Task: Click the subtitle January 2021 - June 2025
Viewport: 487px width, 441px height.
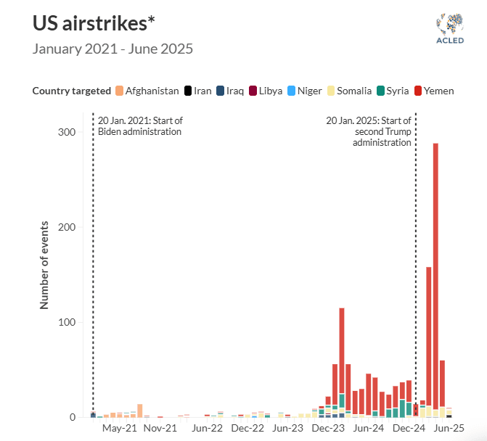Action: click(x=112, y=49)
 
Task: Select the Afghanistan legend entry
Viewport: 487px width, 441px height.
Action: click(x=147, y=91)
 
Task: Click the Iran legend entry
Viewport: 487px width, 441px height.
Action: click(x=197, y=91)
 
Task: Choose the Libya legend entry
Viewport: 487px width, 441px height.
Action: click(x=266, y=91)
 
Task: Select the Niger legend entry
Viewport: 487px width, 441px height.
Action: click(x=305, y=91)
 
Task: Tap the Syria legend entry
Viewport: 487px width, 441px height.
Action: click(x=392, y=91)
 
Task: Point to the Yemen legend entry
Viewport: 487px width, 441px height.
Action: click(x=433, y=91)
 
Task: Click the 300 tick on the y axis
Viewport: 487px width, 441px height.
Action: click(x=67, y=132)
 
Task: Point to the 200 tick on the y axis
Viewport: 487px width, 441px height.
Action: click(x=67, y=227)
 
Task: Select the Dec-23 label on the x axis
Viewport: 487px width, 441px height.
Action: click(x=328, y=429)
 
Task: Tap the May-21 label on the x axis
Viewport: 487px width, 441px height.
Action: click(x=119, y=429)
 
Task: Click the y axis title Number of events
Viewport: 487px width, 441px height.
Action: click(x=44, y=265)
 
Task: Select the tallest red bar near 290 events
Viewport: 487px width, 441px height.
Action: click(x=435, y=276)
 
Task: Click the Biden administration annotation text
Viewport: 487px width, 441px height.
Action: click(x=140, y=126)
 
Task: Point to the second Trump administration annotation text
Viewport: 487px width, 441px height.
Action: click(x=369, y=132)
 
